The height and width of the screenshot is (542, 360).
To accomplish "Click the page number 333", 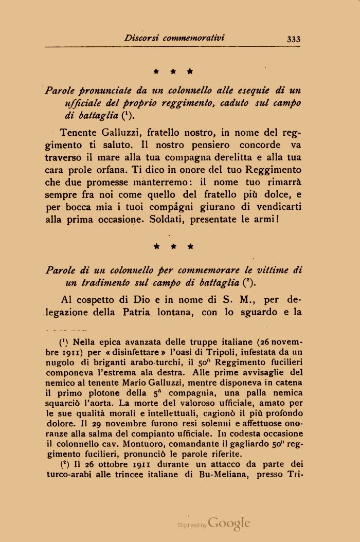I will pos(294,39).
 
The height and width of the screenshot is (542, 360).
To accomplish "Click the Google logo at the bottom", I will pos(229,524).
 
